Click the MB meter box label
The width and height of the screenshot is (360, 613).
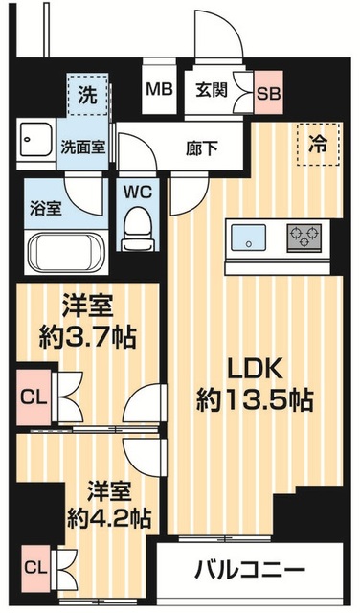158,91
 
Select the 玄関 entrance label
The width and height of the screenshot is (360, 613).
212,91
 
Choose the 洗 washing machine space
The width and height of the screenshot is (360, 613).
86,97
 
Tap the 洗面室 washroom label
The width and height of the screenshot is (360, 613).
84,148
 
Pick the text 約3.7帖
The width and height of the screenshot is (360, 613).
86,336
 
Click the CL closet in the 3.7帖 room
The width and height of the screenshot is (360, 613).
31,395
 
